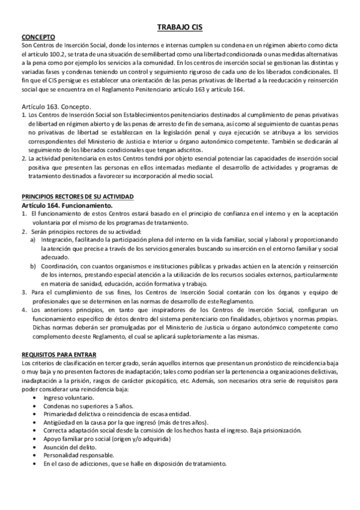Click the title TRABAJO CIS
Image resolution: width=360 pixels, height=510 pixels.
coord(180,28)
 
